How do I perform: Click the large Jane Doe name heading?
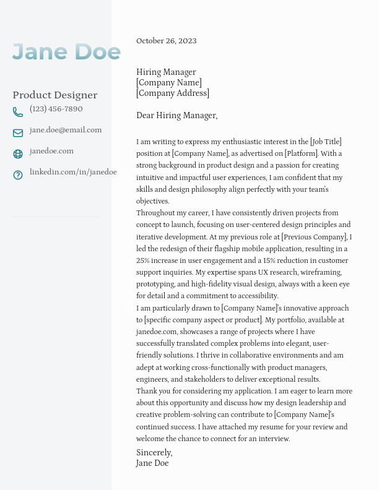tap(66, 52)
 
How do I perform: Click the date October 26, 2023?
tap(166, 41)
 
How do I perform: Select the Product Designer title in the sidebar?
tap(55, 95)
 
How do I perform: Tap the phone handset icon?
tap(18, 112)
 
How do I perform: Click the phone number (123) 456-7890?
tap(56, 109)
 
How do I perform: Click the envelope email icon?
tap(18, 133)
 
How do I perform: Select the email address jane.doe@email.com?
tap(66, 130)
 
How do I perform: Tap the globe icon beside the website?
tap(18, 154)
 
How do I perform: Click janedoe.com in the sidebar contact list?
tap(51, 151)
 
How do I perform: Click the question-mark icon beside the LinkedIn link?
tap(18, 175)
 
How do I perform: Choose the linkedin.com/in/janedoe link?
tap(73, 172)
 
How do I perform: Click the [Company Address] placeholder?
tap(173, 93)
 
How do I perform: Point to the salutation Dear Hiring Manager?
tap(177, 116)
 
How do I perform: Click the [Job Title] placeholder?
tap(326, 142)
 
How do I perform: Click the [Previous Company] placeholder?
tap(315, 237)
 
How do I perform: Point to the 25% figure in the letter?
tap(144, 260)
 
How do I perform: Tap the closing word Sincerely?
tap(154, 453)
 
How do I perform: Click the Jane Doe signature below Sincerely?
tap(152, 463)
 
